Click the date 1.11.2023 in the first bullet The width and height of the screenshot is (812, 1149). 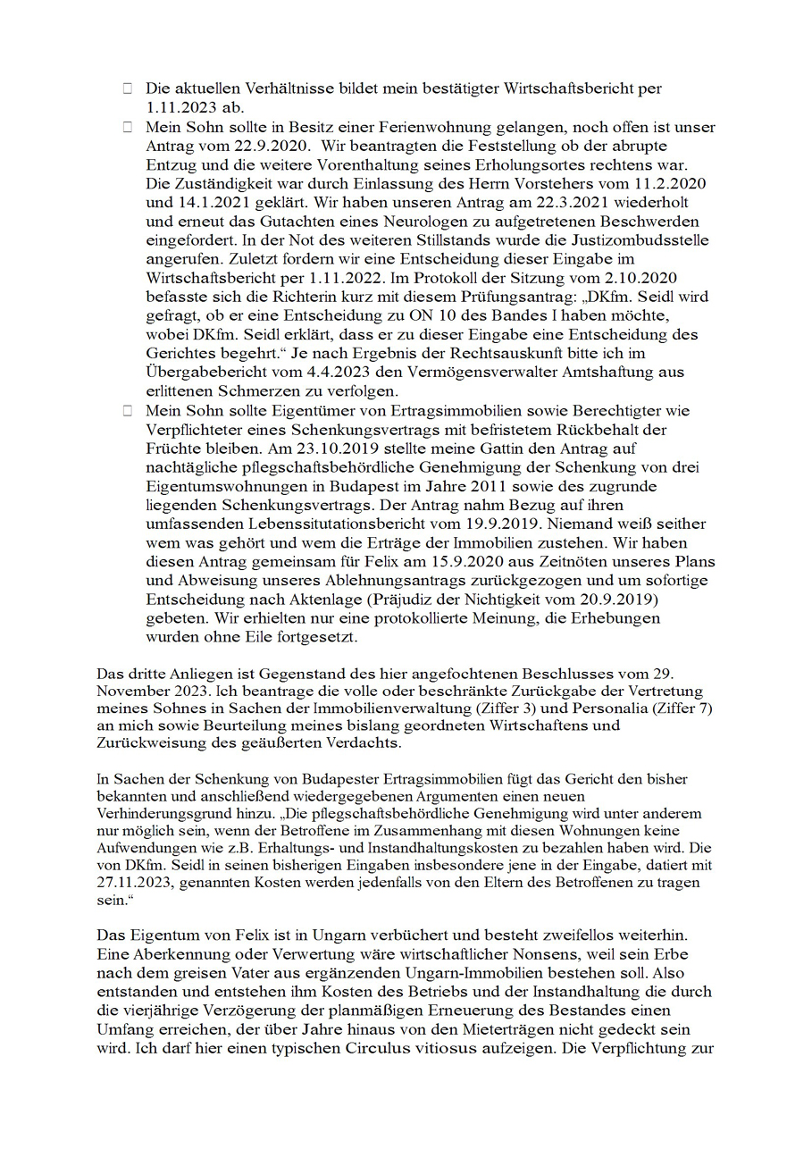click(176, 105)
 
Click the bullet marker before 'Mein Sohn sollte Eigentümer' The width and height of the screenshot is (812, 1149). click(128, 410)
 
